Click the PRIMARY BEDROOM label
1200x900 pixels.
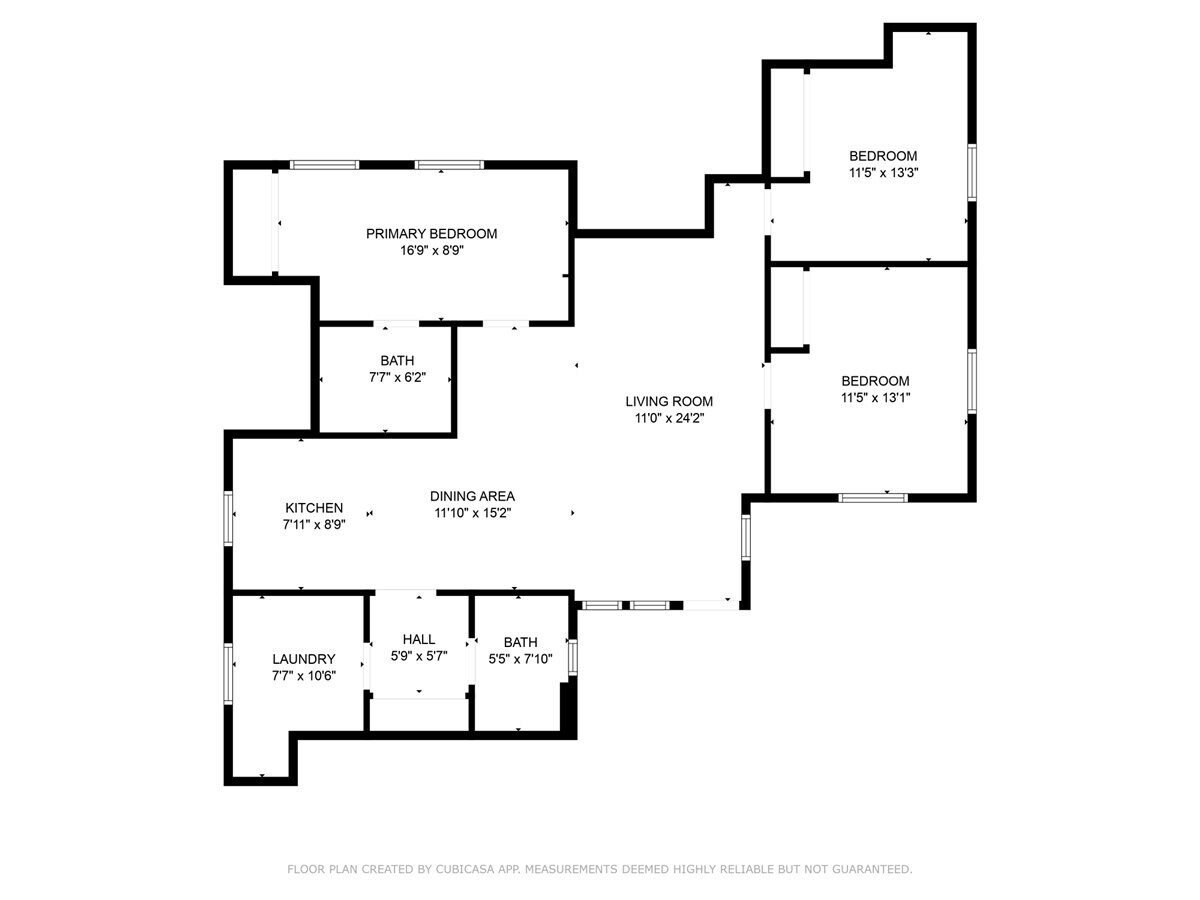coord(431,234)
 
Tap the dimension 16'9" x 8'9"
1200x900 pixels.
coord(431,251)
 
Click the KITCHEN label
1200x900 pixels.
coord(314,508)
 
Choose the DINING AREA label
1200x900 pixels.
coord(472,496)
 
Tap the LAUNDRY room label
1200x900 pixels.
coord(303,659)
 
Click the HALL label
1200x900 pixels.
coord(418,639)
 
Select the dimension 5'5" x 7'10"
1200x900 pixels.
coord(520,659)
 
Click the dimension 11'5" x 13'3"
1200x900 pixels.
coord(883,172)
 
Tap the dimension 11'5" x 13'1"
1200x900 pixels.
coord(875,397)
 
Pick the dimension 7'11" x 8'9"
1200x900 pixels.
coord(314,524)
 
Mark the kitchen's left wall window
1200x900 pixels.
coord(228,518)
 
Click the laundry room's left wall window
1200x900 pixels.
coord(228,673)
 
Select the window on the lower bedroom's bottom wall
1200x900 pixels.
coord(872,497)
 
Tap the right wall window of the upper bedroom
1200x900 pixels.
coord(971,173)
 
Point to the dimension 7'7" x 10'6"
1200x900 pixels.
coord(303,675)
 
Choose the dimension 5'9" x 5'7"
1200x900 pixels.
coord(418,656)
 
